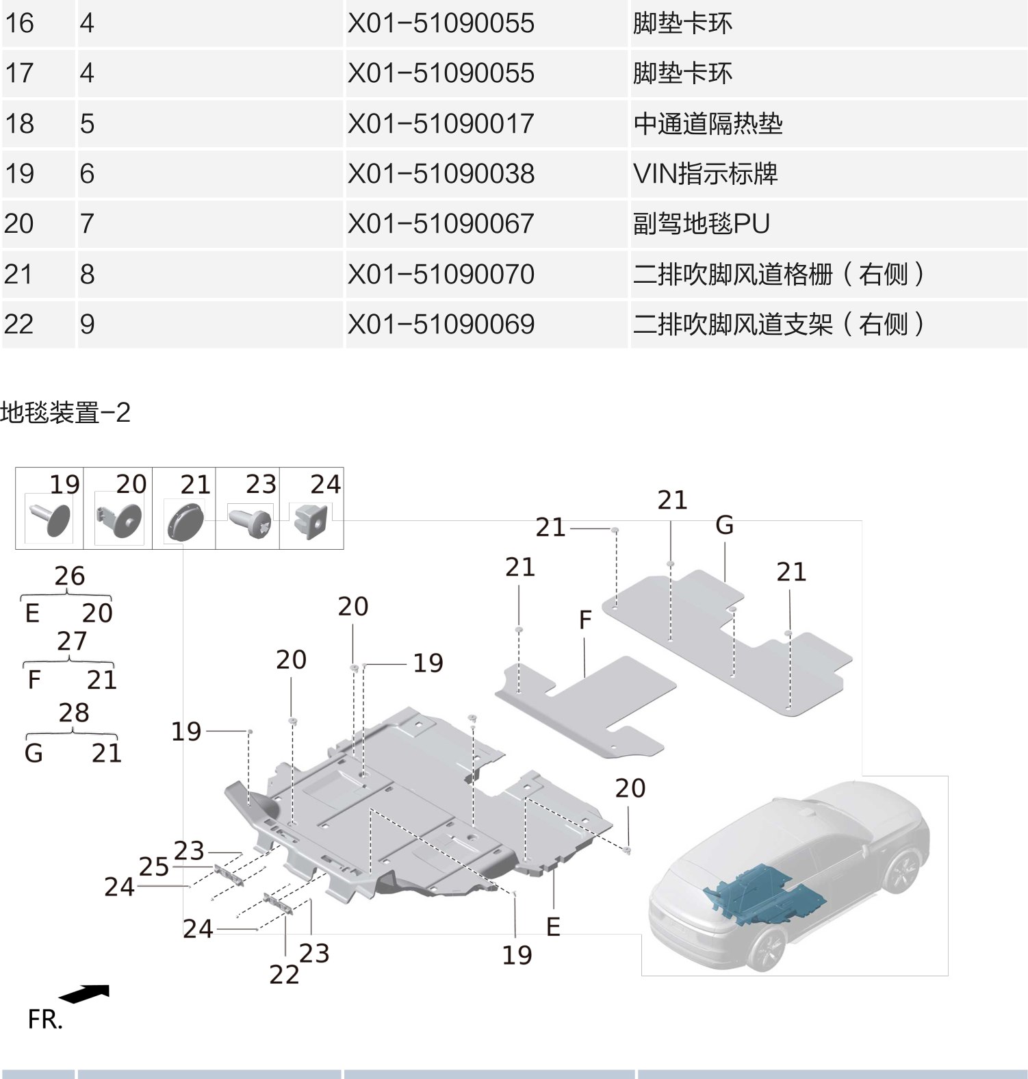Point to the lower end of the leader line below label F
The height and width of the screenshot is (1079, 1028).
[585, 677]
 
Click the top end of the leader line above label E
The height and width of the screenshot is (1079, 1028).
[553, 870]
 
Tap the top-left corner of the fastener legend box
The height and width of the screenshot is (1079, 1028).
[16, 468]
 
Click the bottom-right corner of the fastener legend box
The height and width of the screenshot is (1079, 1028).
[344, 549]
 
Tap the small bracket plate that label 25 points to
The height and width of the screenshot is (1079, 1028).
[229, 874]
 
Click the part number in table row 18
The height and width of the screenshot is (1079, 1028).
[441, 124]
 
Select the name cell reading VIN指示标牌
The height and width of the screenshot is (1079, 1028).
[705, 174]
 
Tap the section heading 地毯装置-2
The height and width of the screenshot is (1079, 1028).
[65, 413]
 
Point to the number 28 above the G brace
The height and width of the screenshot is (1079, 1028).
[74, 713]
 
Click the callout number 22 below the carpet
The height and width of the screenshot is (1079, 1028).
[284, 974]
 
